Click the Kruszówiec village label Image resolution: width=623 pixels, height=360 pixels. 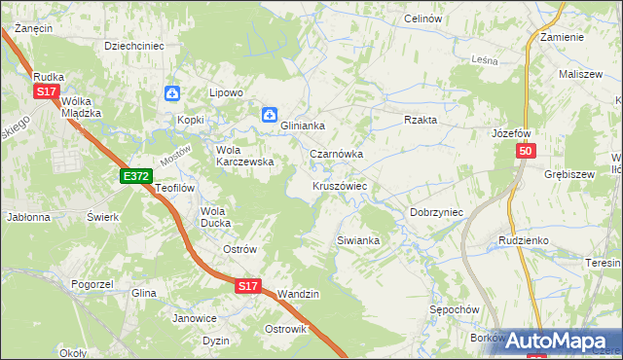[x=339, y=185]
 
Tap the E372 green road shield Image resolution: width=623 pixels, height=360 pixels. [x=136, y=176]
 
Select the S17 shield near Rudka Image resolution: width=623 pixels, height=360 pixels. [x=47, y=91]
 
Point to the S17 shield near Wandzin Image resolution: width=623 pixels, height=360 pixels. [x=248, y=287]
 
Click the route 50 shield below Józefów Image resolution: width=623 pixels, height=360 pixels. [x=526, y=152]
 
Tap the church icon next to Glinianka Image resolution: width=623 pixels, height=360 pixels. [x=269, y=115]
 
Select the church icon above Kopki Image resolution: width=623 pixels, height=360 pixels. [x=172, y=93]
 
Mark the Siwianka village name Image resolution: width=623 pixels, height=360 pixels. [x=356, y=239]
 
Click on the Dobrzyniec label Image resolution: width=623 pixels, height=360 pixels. [x=435, y=211]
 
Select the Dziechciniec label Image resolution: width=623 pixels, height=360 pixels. [x=134, y=45]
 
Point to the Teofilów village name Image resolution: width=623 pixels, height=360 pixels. [x=176, y=188]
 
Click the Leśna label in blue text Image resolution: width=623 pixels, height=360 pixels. [x=484, y=60]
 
